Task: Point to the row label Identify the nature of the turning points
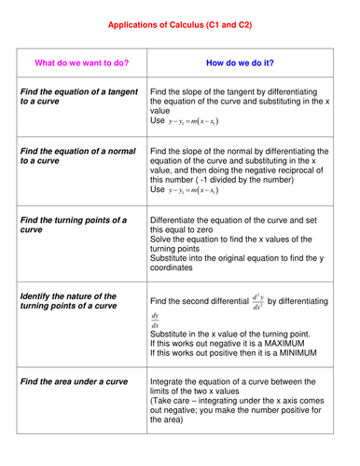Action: tap(68, 300)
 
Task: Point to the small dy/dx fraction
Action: tap(155, 320)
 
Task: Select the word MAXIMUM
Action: tap(291, 343)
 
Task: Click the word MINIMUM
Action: tap(293, 353)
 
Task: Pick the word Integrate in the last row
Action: tap(170, 384)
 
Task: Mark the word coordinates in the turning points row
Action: tap(173, 267)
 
